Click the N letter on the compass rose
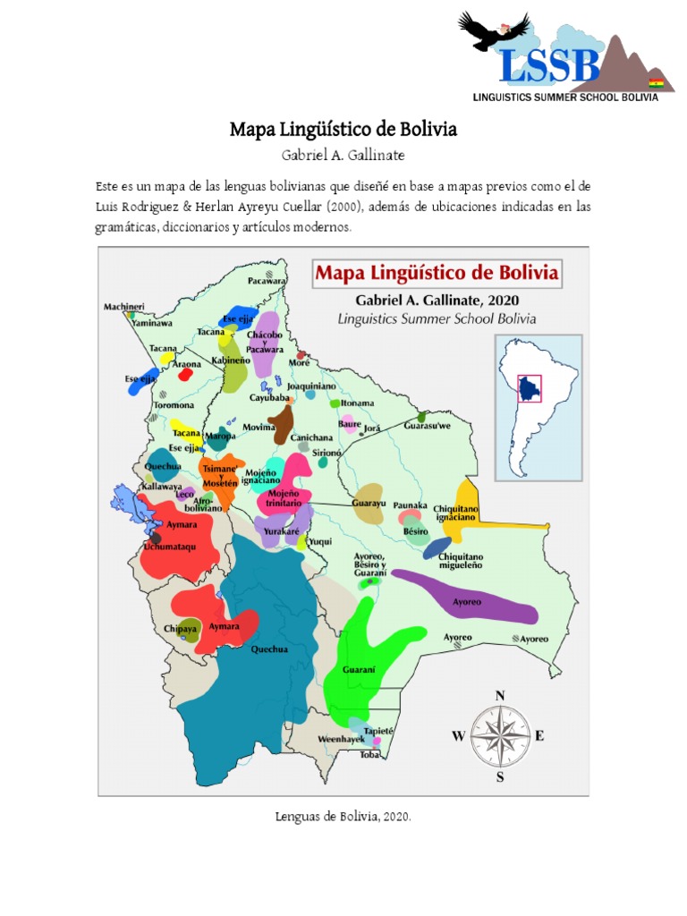click(500, 694)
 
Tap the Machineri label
click(123, 306)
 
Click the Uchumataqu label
click(169, 546)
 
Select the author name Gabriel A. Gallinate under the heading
click(343, 156)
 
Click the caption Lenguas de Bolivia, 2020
click(343, 817)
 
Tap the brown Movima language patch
click(283, 423)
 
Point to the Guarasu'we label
click(428, 428)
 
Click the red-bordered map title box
click(437, 272)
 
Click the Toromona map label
click(174, 405)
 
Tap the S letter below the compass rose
click(500, 777)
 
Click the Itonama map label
click(358, 403)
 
